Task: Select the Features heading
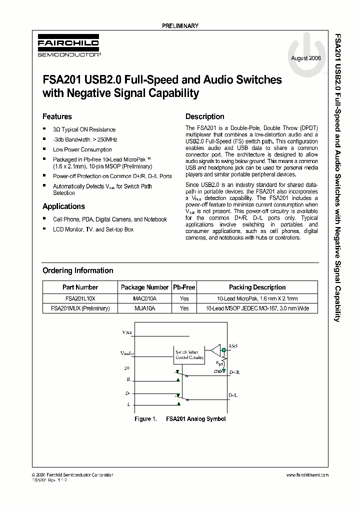pyautogui.click(x=57, y=116)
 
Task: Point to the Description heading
pyautogui.click(x=205, y=116)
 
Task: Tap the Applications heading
pyautogui.click(x=63, y=206)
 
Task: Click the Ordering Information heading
pyautogui.click(x=77, y=270)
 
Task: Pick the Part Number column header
pyautogui.click(x=80, y=287)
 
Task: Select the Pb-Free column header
pyautogui.click(x=184, y=287)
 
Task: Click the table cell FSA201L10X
pyautogui.click(x=80, y=298)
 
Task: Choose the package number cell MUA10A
pyautogui.click(x=144, y=308)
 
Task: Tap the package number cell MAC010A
pyautogui.click(x=144, y=298)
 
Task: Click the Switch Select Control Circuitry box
pyautogui.click(x=189, y=355)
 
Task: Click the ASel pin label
pyautogui.click(x=233, y=345)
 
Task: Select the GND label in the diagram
pyautogui.click(x=218, y=371)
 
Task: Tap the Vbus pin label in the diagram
pyautogui.click(x=128, y=332)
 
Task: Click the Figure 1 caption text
pyautogui.click(x=180, y=418)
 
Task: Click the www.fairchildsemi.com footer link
pyautogui.click(x=307, y=474)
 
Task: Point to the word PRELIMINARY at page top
pyautogui.click(x=180, y=25)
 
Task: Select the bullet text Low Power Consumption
pyautogui.click(x=82, y=149)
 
